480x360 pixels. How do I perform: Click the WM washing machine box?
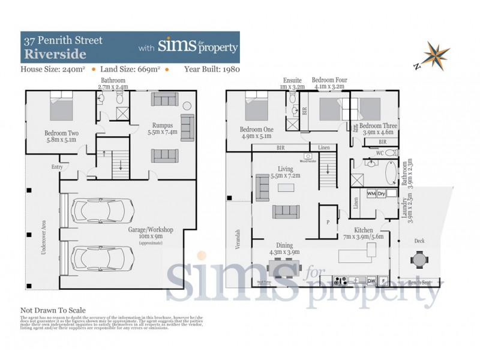pyautogui.click(x=371, y=194)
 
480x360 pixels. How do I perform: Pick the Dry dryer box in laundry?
pyautogui.click(x=382, y=194)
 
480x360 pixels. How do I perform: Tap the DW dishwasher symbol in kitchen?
pyautogui.click(x=371, y=280)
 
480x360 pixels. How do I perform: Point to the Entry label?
pyautogui.click(x=57, y=167)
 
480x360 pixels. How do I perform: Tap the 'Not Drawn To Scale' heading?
pyautogui.click(x=53, y=310)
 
